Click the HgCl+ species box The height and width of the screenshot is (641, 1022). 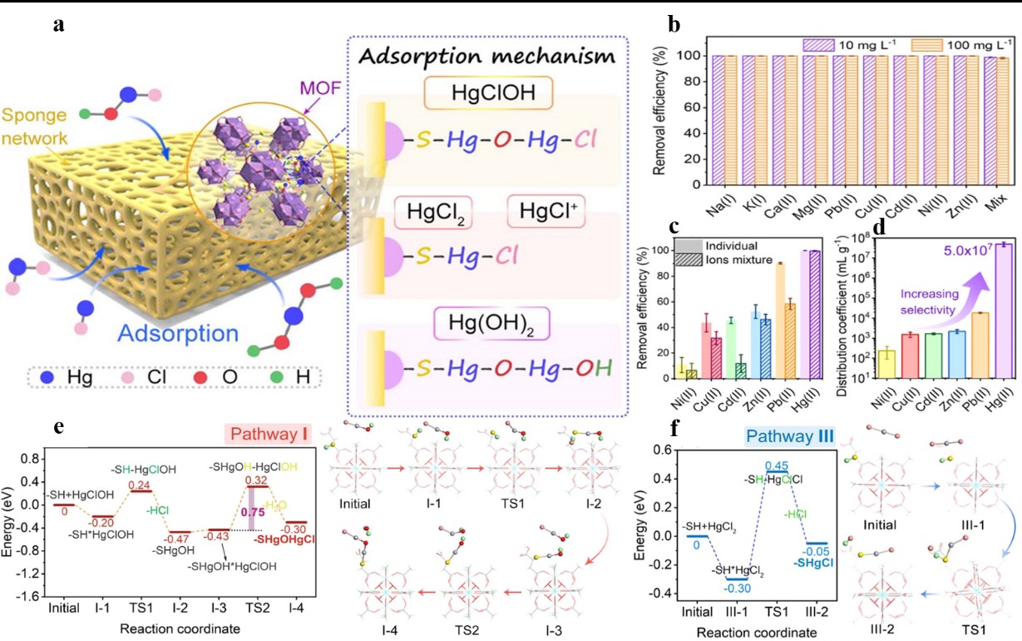tap(544, 215)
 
